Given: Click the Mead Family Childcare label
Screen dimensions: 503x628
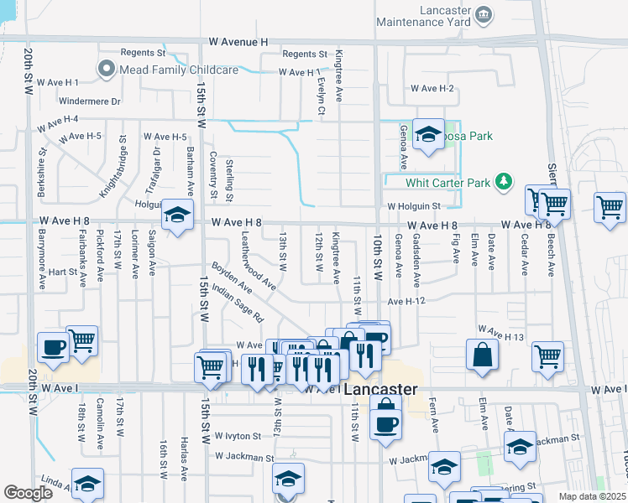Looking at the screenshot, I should pos(179,70).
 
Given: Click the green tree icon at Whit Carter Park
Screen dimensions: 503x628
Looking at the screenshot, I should pos(503,181).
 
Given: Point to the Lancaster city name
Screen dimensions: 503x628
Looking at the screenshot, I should pos(381,390).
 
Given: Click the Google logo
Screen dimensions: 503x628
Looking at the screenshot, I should pos(28,493).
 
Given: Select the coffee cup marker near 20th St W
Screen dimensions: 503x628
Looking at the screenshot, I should pos(53,348).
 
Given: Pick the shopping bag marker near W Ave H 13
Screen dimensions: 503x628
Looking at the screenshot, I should pos(484,355).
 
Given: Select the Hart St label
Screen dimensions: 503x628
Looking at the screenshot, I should pos(62,272).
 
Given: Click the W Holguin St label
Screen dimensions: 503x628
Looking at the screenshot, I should pos(413,205).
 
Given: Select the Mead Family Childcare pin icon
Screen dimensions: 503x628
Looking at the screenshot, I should pos(107,70).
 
